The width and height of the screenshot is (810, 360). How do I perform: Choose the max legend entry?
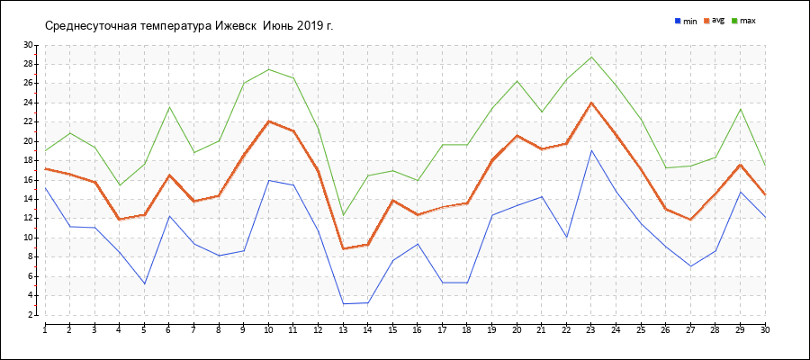point(748,21)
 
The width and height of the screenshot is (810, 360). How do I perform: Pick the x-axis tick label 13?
point(342,330)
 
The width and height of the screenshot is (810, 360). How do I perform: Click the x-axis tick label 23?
point(590,330)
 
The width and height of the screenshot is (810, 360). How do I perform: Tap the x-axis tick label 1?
point(44,330)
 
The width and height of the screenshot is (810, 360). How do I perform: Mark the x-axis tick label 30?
point(764,330)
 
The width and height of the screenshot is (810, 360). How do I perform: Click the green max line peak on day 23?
point(591,58)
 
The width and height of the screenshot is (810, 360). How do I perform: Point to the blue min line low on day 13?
point(343,304)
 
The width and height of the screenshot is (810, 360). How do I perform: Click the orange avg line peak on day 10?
point(268,121)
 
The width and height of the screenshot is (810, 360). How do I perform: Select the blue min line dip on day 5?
point(144,284)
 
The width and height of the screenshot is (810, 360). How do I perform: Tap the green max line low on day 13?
point(343,215)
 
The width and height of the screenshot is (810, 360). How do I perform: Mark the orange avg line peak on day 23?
point(591,103)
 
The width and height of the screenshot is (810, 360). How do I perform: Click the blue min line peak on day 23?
point(591,150)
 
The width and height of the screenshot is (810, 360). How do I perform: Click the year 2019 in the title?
point(311,25)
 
